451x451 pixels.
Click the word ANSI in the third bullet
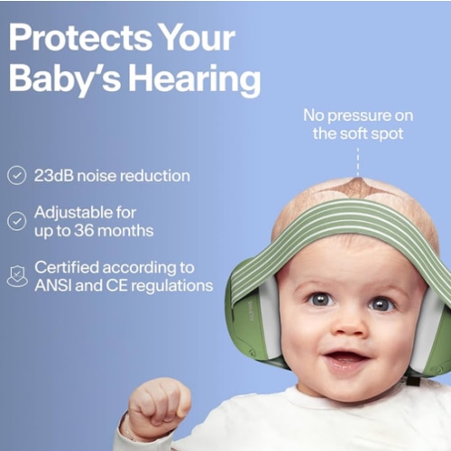tap(56, 286)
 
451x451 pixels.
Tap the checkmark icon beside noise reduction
tap(16, 175)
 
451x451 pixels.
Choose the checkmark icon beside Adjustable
tap(16, 220)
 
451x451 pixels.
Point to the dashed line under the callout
tap(357, 162)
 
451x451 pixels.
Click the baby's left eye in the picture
tap(321, 298)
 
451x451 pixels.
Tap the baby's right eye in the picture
tap(382, 304)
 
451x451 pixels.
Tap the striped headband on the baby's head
tap(334, 225)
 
